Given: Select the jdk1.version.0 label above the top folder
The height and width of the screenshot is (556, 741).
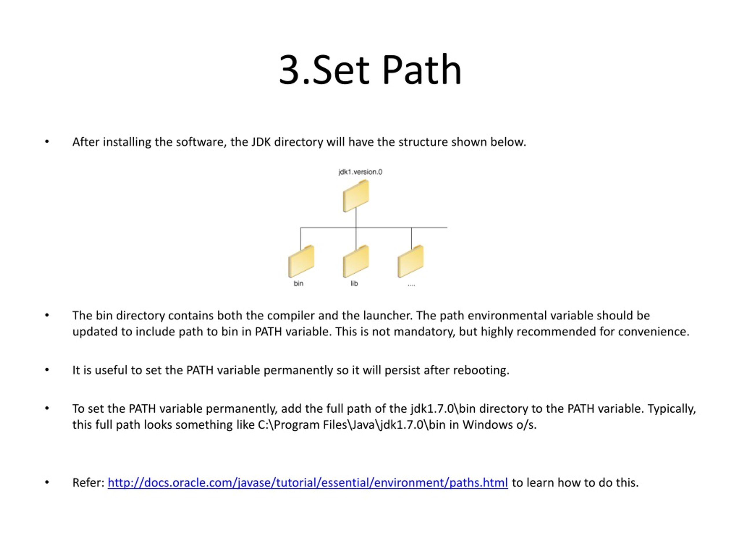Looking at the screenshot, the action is coord(360,172).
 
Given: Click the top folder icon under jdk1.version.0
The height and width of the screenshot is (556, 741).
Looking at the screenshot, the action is coord(356,196).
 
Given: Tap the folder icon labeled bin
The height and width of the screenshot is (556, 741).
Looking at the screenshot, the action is coord(301,261).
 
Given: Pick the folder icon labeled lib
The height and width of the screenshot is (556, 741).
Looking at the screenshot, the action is coord(356,261).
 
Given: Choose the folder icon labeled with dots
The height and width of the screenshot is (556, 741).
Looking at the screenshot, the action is coord(411,261).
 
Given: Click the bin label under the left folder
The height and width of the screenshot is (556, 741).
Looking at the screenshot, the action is coord(298,284).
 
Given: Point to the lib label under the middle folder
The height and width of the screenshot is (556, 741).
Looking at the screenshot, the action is coord(354,284).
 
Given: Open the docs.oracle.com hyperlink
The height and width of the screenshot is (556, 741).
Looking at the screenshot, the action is coord(307,483).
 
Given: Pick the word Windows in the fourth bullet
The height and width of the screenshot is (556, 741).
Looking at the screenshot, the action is coord(487,425).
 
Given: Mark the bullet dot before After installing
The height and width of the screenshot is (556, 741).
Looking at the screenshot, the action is coord(47,142).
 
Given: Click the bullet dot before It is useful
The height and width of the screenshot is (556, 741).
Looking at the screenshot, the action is coord(47,370).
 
